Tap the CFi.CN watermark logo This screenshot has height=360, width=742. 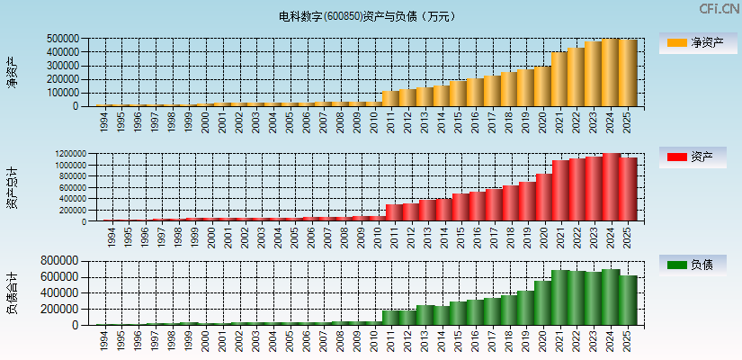click(720, 9)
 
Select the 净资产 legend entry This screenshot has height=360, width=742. click(696, 42)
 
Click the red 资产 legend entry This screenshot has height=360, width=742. click(696, 157)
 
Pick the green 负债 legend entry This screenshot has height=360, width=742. click(696, 265)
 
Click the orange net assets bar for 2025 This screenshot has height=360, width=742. click(628, 73)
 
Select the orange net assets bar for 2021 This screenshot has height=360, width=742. click(559, 79)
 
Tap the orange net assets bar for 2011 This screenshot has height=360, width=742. click(390, 98)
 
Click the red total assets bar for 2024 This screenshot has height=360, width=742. click(612, 187)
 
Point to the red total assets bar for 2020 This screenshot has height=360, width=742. click(543, 197)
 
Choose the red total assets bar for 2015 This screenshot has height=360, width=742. click(459, 207)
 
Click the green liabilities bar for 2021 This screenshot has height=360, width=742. click(559, 298)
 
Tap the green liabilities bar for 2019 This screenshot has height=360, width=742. click(526, 308)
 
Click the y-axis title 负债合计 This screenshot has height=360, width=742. click(13, 293)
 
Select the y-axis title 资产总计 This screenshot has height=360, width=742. click(13, 188)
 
